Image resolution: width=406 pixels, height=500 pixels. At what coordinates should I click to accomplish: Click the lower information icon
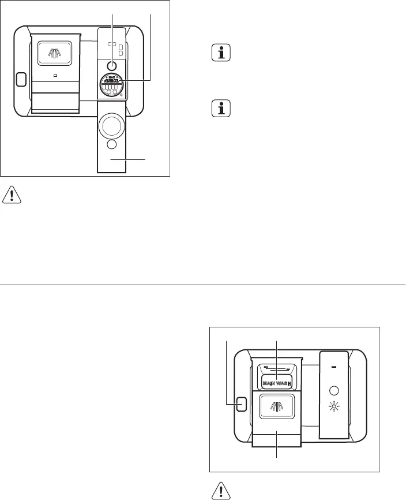pos(220,109)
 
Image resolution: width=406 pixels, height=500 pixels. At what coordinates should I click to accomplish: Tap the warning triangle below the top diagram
pos(12,196)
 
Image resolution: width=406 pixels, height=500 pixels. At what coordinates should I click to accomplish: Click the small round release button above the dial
pos(112,64)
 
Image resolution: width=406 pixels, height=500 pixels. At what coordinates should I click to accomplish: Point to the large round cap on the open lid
pos(112,124)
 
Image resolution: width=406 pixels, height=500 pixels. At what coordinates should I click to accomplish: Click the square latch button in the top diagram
pos(22,79)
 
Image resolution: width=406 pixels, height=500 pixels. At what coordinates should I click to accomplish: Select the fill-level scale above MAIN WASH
pos(276,367)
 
